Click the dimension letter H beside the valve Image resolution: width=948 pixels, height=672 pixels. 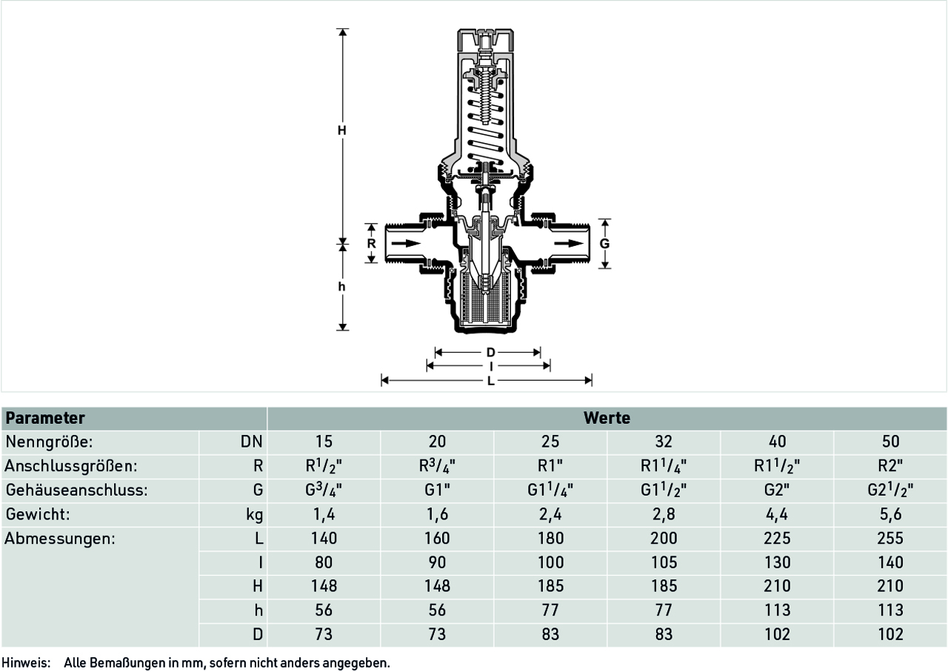[x=342, y=130]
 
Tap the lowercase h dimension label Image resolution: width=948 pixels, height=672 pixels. [x=342, y=287]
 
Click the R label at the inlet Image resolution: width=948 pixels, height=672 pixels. [x=371, y=244]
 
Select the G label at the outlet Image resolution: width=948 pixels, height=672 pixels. [x=605, y=244]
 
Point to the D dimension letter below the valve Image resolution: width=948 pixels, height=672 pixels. [x=490, y=353]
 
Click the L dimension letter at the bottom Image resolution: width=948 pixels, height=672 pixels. [x=490, y=381]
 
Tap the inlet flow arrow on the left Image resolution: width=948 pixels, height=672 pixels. [x=407, y=244]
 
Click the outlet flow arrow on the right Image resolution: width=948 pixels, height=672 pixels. [x=570, y=244]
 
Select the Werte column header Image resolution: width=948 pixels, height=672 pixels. [x=607, y=419]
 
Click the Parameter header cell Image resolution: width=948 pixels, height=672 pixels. [x=45, y=419]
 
